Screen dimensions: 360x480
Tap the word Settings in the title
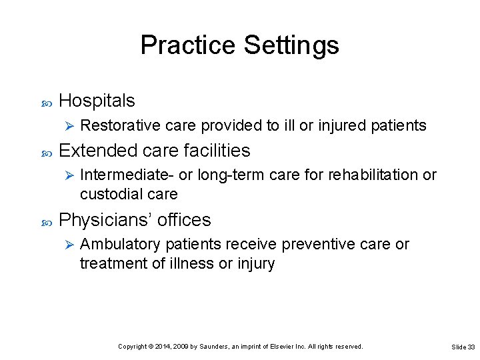tap(291, 45)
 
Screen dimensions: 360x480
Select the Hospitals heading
tap(97, 101)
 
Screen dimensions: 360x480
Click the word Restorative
tap(116, 125)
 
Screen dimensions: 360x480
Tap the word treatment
tap(109, 263)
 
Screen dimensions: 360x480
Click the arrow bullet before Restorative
tap(65, 125)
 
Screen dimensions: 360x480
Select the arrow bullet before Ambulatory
tap(65, 245)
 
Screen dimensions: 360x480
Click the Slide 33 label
tap(463, 347)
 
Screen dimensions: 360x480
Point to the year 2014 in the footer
tap(161, 347)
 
